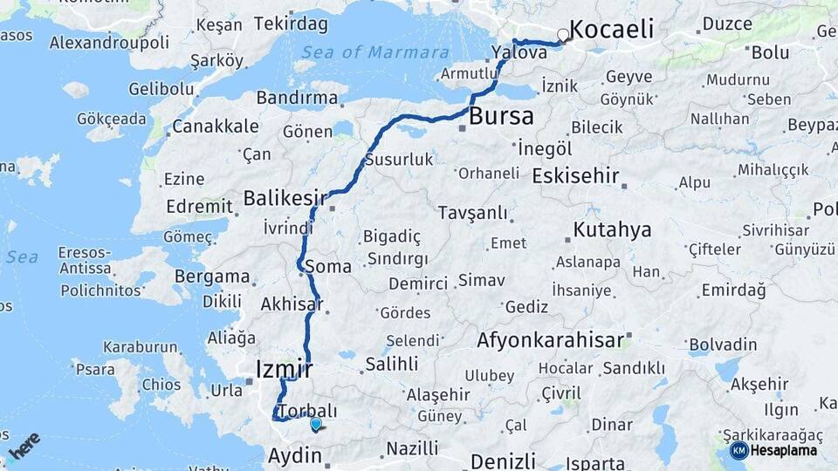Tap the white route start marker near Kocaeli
click(x=564, y=37)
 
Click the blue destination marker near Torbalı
click(x=315, y=424)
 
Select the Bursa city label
click(x=501, y=116)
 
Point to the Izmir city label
click(x=284, y=369)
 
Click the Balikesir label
click(x=285, y=198)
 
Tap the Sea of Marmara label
click(x=375, y=52)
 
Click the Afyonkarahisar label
click(x=551, y=340)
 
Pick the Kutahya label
click(x=612, y=230)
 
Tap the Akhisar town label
click(x=291, y=304)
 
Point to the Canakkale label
click(x=215, y=126)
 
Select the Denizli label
click(x=502, y=461)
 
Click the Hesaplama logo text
click(x=783, y=451)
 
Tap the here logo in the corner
click(x=24, y=445)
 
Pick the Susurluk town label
click(x=398, y=160)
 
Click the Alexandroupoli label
click(x=109, y=42)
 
